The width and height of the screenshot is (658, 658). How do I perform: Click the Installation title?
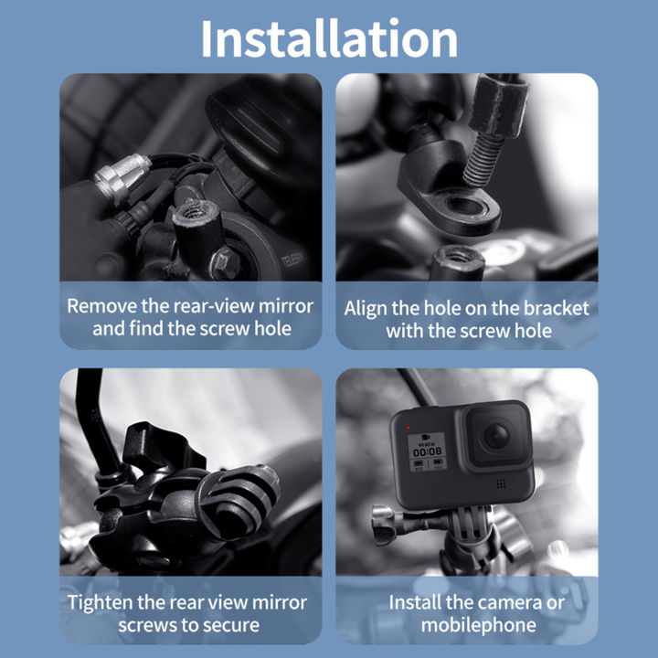329,38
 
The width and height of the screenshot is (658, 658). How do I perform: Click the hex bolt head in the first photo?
223,262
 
